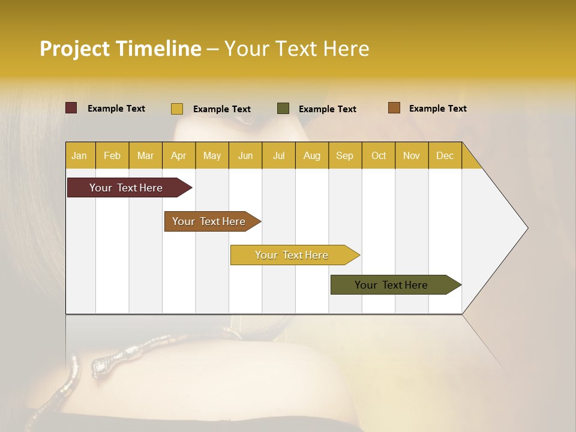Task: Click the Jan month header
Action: click(80, 156)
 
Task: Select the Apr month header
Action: click(179, 156)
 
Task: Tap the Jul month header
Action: click(278, 156)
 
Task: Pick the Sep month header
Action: click(345, 156)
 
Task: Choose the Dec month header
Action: click(445, 156)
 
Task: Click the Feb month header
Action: click(112, 156)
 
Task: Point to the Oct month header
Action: click(379, 156)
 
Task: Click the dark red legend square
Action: click(71, 108)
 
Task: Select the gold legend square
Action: click(177, 109)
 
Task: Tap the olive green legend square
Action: click(283, 109)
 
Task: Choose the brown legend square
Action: click(394, 108)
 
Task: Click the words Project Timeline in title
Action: click(121, 49)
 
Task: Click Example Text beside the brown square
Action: click(437, 109)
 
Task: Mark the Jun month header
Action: click(245, 156)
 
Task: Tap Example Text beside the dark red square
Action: click(116, 109)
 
